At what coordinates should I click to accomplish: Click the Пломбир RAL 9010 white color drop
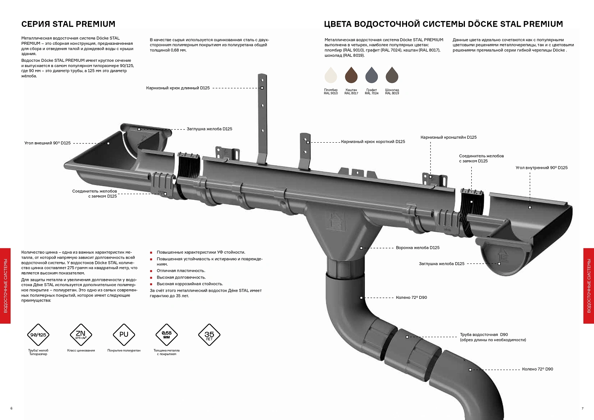tap(331, 75)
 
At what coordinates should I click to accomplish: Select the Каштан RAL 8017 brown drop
tap(351, 75)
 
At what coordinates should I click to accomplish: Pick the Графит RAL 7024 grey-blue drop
tap(371, 75)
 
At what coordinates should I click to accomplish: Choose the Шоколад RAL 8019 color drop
tap(392, 75)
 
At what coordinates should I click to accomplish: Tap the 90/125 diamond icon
tap(38, 334)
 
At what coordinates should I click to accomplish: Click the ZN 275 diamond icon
tap(81, 334)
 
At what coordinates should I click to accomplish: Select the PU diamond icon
tap(124, 334)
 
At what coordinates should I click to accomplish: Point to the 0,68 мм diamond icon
tap(167, 334)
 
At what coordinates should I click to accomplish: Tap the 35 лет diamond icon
tap(209, 334)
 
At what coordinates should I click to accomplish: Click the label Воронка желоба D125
tap(418, 248)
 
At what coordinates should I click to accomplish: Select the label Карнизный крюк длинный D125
tap(178, 88)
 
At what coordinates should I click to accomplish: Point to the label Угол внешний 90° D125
tap(48, 143)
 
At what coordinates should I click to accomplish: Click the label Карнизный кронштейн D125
tap(448, 137)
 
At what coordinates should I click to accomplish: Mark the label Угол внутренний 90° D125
tap(541, 168)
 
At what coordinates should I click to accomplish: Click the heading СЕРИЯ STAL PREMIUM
tap(68, 24)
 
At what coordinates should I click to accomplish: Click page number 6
tap(11, 409)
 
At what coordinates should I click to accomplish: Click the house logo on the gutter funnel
tap(337, 221)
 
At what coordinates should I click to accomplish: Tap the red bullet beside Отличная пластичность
tap(151, 271)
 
